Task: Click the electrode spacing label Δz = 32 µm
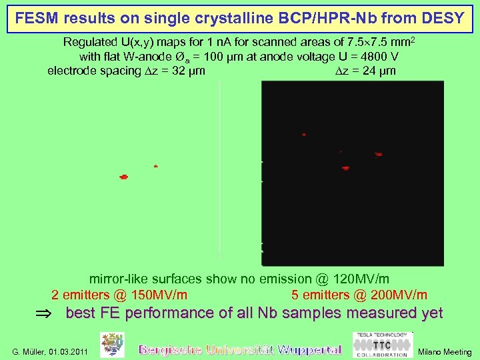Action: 126,71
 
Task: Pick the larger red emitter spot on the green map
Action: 123,177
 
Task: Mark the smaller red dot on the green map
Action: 156,166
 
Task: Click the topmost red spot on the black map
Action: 304,135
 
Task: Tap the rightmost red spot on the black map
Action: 379,154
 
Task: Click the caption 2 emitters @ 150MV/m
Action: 119,295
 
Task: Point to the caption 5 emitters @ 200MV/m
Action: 359,295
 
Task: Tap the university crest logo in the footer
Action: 112,345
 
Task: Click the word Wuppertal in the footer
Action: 309,349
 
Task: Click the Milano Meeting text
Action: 444,352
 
